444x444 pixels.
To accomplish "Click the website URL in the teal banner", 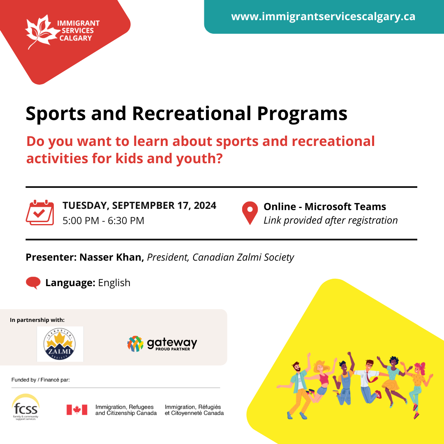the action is tap(323, 16).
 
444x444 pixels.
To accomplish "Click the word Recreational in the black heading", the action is tap(192, 113).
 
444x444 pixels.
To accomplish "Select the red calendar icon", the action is tap(40, 213).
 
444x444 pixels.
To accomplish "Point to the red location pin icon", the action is tap(250, 213).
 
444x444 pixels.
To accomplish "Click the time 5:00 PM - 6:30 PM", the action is tap(103, 221).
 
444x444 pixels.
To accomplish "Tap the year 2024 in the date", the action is tap(205, 205).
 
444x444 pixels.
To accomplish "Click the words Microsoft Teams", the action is tap(345, 206).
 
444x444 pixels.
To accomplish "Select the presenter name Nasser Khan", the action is tap(111, 257).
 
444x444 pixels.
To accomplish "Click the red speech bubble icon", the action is tap(33, 282).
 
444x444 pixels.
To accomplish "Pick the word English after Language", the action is tap(114, 282).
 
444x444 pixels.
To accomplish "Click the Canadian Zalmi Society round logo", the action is tap(60, 344).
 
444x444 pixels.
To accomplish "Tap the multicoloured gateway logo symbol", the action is tap(135, 344).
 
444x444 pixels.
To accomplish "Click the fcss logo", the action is tap(25, 407).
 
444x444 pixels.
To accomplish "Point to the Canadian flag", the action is tap(77, 410).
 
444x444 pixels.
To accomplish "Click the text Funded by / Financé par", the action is tap(40, 380).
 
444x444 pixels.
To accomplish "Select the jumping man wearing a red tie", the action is tap(368, 381).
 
